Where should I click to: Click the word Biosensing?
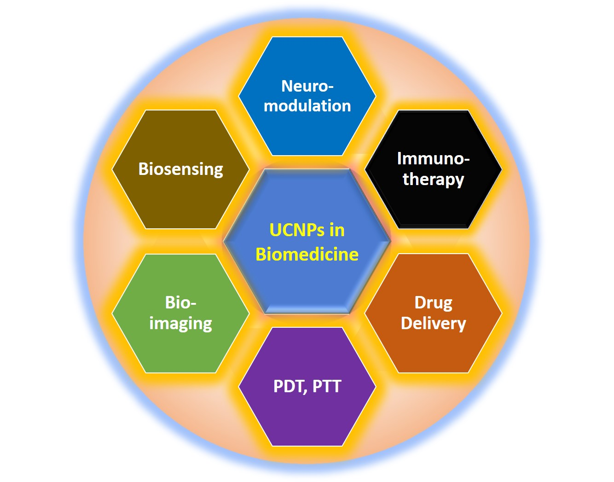(x=180, y=169)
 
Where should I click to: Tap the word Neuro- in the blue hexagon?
(x=307, y=86)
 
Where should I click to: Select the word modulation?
(x=307, y=106)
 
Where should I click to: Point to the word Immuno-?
(x=433, y=159)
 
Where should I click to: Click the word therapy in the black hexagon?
(x=433, y=179)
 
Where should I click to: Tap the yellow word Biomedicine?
(x=307, y=254)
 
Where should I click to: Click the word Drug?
(x=433, y=303)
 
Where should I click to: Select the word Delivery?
(x=433, y=323)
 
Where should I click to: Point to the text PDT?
(x=290, y=386)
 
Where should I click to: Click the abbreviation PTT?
(x=327, y=386)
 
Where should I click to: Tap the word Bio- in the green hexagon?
(x=180, y=303)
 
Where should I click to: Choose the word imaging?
(x=180, y=324)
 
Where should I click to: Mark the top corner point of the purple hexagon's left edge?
(x=272, y=328)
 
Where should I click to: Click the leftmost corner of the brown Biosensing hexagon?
(x=112, y=169)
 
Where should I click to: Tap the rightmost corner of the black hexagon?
(x=502, y=169)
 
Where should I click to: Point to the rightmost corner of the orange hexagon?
(x=502, y=314)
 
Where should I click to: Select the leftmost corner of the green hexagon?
(x=112, y=314)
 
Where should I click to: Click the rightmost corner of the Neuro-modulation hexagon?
(x=376, y=96)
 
